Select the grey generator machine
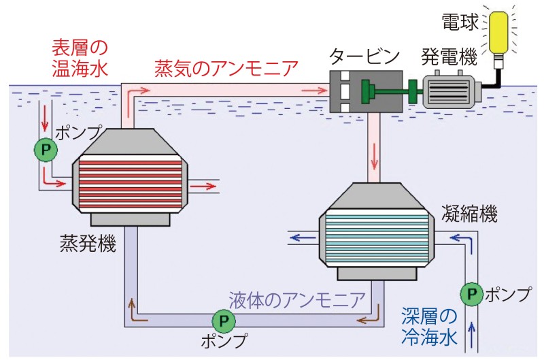450,91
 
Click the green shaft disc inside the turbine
367,90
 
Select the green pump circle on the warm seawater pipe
46,150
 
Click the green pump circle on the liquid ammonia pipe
222,318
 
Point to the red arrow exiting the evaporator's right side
201,184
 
